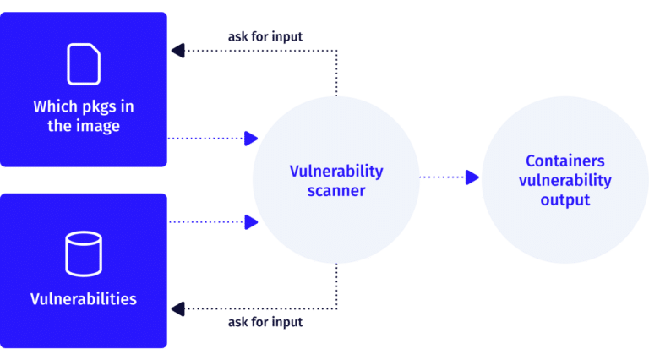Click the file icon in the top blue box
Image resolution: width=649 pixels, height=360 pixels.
(x=83, y=63)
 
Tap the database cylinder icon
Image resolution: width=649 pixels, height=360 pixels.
(x=83, y=254)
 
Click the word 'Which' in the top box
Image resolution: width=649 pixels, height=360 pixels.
(x=57, y=106)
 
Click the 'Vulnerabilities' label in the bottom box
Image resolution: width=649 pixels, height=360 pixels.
(x=83, y=299)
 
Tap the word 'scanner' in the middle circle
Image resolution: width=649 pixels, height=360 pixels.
(x=335, y=191)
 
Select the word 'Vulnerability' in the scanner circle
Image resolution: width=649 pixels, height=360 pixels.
(x=335, y=171)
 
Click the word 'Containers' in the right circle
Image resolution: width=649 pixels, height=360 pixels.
(x=564, y=161)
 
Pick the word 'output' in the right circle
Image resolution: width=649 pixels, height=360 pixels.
(x=564, y=200)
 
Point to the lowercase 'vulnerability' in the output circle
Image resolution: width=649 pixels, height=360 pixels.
(x=564, y=180)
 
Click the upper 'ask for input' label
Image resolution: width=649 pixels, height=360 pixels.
(x=265, y=37)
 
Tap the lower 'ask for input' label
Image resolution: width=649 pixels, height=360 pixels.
(x=265, y=322)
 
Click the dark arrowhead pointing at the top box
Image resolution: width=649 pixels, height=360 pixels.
(x=177, y=51)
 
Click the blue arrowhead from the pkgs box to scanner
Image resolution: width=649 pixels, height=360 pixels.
(x=250, y=139)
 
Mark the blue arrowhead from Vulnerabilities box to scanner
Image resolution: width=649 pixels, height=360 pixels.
(x=250, y=222)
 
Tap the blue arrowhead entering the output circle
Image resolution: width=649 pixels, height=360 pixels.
(x=473, y=177)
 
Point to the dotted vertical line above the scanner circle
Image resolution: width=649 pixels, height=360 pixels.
(x=337, y=72)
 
